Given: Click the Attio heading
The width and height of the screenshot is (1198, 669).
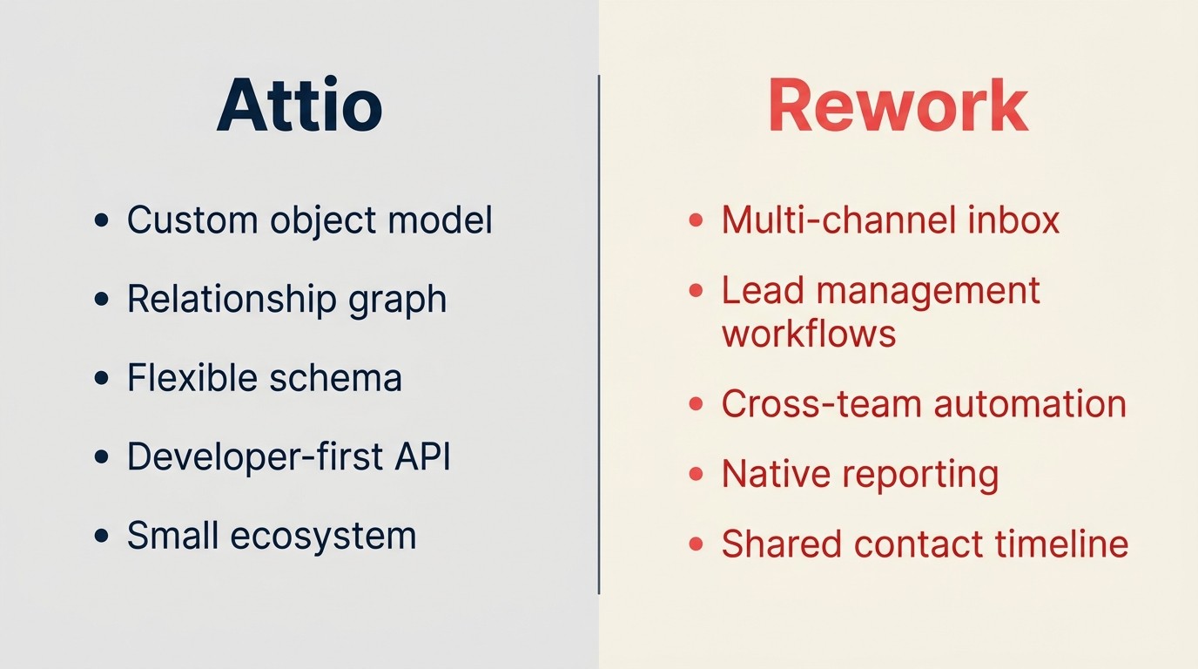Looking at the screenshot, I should tap(299, 105).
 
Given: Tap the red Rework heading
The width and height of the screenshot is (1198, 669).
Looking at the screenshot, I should tap(898, 105).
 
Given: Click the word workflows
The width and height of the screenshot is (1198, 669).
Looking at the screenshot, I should tap(809, 334).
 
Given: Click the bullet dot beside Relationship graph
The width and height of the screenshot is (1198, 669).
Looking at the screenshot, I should tap(102, 300).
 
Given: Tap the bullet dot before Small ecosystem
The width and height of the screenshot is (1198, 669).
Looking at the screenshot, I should tap(102, 536).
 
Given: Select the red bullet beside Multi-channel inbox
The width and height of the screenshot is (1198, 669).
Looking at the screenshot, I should tap(696, 220).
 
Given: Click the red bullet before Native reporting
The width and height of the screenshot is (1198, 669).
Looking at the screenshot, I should tap(696, 475).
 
